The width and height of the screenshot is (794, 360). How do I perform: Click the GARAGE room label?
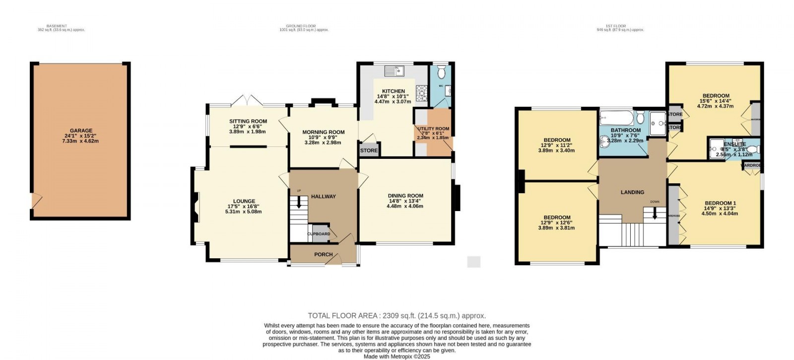click(x=80, y=131)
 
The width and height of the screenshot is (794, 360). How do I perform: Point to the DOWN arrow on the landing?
click(x=655, y=213)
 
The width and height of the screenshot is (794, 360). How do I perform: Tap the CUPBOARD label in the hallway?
click(x=319, y=234)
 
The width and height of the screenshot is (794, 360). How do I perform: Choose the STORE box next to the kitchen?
click(x=369, y=150)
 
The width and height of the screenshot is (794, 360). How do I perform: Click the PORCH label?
click(x=324, y=254)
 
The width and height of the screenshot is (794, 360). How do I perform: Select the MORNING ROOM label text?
click(x=324, y=132)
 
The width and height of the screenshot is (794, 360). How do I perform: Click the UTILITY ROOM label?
click(x=433, y=129)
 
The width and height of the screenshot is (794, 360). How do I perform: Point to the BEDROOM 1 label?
click(x=720, y=203)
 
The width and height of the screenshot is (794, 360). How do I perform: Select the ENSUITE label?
click(x=734, y=144)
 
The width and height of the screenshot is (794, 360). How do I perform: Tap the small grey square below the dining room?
click(x=474, y=262)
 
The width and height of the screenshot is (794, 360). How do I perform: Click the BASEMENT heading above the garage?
click(x=56, y=26)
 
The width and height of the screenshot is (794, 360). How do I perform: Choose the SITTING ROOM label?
click(x=248, y=121)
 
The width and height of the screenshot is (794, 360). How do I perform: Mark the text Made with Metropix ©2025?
click(x=397, y=356)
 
